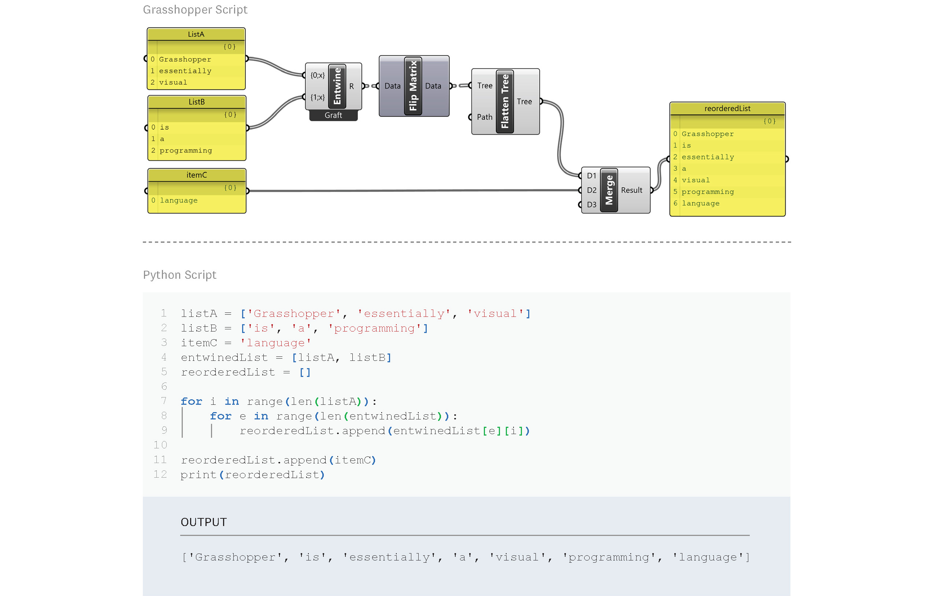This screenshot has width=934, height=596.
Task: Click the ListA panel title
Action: [196, 34]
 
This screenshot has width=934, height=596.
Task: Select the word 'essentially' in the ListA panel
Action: [185, 71]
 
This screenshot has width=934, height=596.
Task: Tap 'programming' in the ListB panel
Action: [186, 151]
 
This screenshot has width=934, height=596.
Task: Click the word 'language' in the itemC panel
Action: [179, 201]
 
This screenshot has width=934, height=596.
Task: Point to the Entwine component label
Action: [337, 86]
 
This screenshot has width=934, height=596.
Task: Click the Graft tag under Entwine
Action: [333, 115]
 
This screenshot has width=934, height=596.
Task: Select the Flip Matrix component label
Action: [413, 86]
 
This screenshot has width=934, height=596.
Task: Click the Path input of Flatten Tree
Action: [484, 117]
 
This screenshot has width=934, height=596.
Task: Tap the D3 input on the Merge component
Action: [592, 204]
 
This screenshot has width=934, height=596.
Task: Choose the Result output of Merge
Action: [631, 190]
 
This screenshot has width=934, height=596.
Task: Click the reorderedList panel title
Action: [727, 109]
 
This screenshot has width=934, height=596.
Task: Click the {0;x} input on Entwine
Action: [317, 75]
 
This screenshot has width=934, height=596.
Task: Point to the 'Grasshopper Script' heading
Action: [195, 10]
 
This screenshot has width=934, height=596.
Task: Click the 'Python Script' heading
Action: [179, 275]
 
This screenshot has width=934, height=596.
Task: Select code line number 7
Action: [164, 401]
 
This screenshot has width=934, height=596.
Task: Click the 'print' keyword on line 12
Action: [198, 474]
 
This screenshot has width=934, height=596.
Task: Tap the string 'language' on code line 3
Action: [275, 343]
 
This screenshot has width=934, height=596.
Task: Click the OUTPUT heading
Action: [204, 522]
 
